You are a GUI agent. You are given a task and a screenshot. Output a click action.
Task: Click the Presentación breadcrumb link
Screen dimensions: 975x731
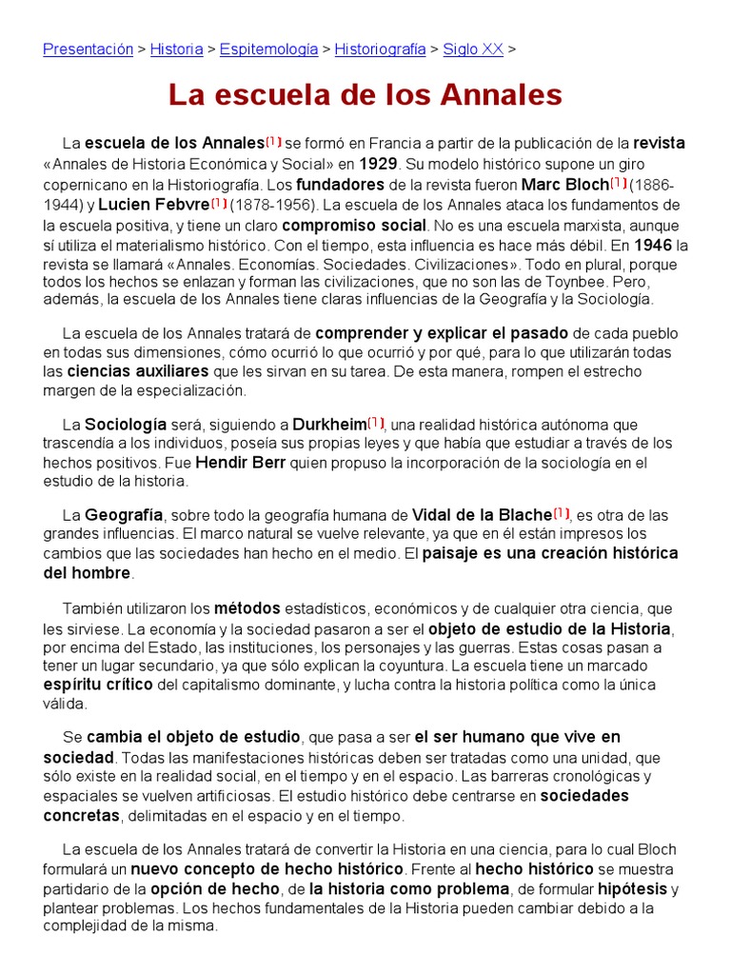(88, 50)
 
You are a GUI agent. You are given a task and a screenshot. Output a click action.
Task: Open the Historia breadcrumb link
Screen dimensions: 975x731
(176, 50)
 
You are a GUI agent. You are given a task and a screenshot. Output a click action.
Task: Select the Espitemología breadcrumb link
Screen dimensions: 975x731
(268, 50)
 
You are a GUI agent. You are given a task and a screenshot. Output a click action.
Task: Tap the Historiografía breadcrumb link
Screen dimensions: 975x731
(381, 50)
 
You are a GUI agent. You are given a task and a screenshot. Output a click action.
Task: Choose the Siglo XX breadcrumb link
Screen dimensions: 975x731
(473, 50)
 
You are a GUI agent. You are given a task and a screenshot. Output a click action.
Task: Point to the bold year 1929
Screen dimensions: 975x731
(377, 164)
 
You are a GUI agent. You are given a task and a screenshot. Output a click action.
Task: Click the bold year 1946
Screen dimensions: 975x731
(653, 246)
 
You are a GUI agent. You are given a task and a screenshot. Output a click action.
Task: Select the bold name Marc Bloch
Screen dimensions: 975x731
(565, 184)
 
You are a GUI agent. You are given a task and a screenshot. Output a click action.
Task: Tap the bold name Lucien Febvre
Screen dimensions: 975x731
(152, 205)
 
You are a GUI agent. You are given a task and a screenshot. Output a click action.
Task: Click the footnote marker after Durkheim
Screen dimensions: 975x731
(376, 423)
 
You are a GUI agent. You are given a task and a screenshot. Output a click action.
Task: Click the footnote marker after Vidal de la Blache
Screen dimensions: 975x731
(562, 514)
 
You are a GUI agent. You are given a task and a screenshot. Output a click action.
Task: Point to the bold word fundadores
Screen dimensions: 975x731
(340, 184)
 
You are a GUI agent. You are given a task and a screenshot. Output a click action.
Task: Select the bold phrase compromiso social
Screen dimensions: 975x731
(354, 226)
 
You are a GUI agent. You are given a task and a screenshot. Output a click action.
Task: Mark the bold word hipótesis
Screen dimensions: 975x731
(632, 889)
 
